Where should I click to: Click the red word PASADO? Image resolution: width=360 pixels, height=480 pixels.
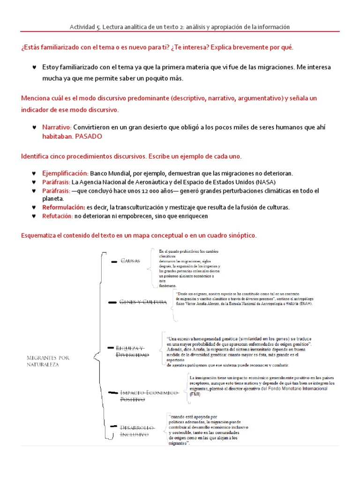click(88, 136)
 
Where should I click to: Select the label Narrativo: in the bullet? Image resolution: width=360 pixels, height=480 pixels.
click(57, 127)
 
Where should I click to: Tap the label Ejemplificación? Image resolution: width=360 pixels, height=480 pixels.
click(65, 173)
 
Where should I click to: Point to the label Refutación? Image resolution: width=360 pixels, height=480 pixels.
click(57, 216)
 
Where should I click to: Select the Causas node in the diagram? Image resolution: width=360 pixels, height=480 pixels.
click(130, 261)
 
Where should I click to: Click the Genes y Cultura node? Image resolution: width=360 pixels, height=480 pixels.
click(143, 302)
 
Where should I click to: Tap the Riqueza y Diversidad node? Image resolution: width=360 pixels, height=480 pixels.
click(132, 352)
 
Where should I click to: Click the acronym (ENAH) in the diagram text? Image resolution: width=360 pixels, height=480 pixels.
click(302, 303)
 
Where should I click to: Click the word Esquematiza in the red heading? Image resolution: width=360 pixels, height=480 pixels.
click(41, 235)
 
